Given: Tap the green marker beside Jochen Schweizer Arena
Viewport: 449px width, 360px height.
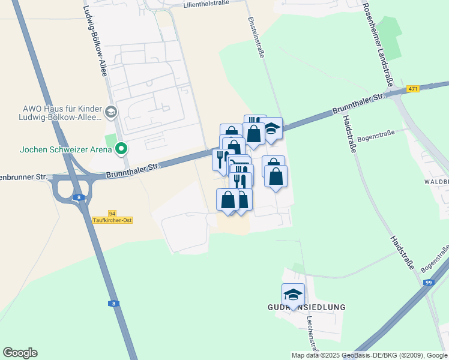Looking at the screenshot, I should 121,148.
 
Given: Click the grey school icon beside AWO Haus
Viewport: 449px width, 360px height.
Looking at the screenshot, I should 110,112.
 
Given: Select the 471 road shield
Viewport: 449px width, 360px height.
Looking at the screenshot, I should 412,89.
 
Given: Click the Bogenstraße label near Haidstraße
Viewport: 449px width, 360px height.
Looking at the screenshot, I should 374,137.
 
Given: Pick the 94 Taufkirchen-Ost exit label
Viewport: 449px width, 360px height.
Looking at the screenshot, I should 112,217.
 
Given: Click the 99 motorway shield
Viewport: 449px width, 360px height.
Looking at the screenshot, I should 427,283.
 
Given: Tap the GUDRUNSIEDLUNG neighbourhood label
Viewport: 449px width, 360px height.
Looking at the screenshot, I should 306,307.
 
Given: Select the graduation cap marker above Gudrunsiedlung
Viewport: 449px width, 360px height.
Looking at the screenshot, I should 293,295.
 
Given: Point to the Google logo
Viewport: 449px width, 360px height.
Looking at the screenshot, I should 20,353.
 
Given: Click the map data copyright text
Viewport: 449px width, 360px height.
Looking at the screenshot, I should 369,355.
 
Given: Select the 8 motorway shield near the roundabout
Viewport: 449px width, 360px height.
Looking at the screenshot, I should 79,197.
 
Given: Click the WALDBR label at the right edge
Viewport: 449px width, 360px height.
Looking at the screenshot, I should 436,181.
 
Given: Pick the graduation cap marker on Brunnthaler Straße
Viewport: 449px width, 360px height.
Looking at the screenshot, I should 271,128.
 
